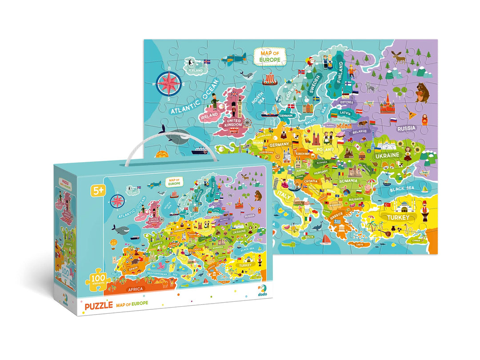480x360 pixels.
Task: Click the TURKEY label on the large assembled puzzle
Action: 397,217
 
